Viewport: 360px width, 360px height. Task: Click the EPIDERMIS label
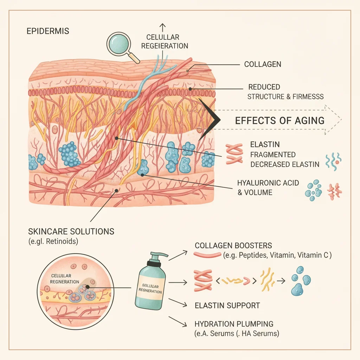pos(48,31)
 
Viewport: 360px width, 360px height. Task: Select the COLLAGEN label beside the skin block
pos(263,64)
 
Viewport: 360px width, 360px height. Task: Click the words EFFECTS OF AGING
pos(279,121)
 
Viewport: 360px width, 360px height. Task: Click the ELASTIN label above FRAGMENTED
pos(265,144)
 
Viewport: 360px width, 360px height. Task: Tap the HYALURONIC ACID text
pos(268,183)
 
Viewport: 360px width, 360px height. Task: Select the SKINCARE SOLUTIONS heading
pos(71,231)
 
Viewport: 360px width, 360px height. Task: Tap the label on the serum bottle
pos(150,288)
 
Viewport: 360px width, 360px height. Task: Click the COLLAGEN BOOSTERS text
pos(233,246)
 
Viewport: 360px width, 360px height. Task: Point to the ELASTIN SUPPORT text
pos(227,306)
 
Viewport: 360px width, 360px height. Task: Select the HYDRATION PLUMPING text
pos(234,324)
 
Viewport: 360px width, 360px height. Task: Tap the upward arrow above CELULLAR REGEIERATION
pos(162,27)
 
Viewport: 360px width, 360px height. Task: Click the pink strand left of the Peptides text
pos(207,255)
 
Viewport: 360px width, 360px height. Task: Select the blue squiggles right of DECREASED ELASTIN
pos(333,162)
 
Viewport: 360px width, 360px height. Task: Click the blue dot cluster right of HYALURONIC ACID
pos(313,190)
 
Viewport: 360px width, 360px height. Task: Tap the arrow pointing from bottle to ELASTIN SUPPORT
pos(178,303)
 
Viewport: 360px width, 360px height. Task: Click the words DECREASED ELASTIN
pos(285,165)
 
